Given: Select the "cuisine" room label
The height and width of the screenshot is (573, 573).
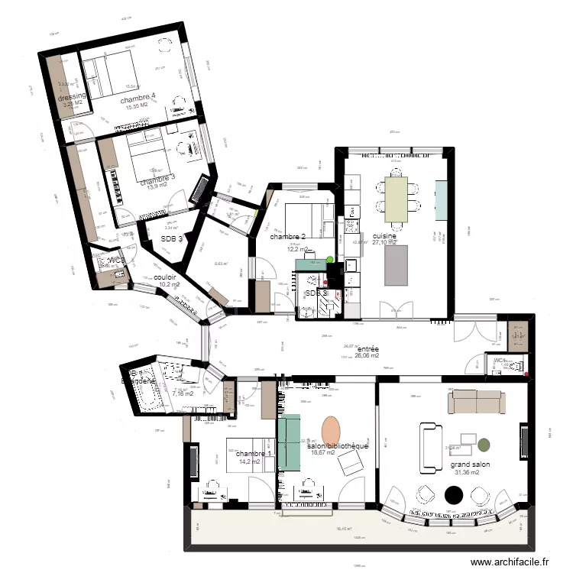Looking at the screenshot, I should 384,237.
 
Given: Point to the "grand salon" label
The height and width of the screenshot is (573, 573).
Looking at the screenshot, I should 470,464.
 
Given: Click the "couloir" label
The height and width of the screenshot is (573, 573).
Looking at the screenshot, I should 166,277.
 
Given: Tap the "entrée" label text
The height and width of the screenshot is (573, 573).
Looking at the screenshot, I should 368,349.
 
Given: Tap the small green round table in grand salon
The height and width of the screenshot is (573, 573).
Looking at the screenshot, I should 484,443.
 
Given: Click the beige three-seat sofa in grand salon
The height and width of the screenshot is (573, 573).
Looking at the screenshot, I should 475,401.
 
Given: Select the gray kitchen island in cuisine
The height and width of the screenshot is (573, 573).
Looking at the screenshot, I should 396,265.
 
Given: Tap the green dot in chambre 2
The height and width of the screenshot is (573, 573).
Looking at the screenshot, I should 330,260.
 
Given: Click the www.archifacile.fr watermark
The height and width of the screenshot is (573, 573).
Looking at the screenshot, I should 510,562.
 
